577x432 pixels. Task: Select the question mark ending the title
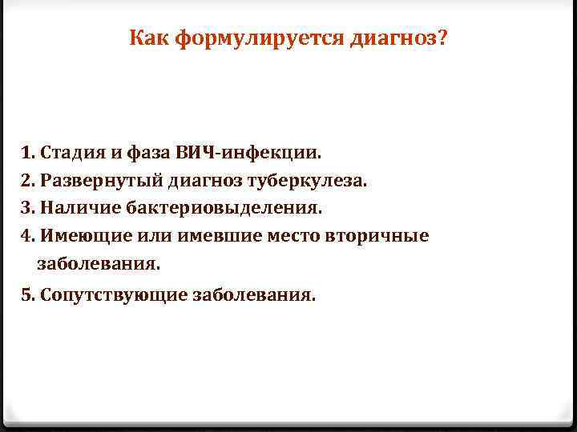[443, 37]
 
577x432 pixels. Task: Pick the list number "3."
[29, 208]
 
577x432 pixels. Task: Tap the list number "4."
[29, 236]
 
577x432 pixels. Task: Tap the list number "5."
[29, 294]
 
